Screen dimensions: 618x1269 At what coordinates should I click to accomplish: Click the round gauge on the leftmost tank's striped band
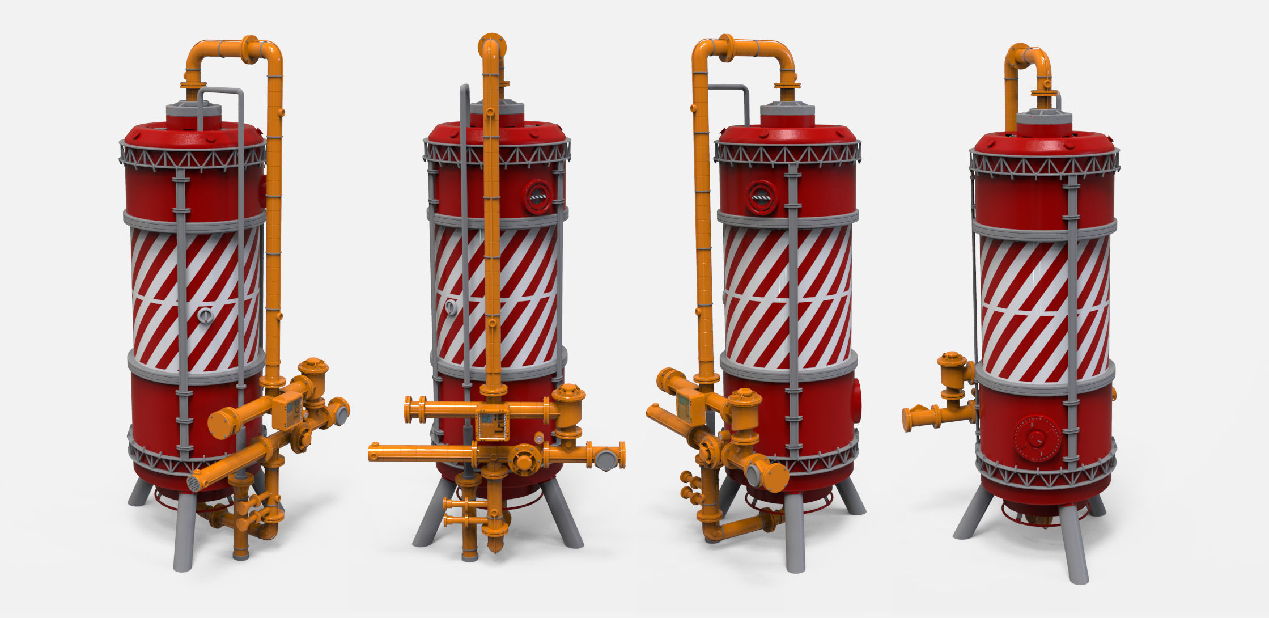point(206,315)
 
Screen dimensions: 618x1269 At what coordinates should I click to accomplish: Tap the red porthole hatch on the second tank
point(537,196)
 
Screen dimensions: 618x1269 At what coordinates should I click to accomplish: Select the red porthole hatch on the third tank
point(761,197)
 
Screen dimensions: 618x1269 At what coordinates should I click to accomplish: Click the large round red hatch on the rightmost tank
point(1037,438)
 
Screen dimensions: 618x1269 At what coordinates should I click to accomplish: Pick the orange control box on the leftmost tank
point(287,409)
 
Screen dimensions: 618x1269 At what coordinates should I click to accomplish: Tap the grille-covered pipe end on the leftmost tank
point(194,483)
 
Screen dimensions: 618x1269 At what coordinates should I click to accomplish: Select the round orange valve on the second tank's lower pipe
point(523,459)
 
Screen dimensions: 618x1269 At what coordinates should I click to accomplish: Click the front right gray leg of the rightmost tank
point(1073,544)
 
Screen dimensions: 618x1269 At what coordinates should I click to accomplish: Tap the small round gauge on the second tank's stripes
point(451,307)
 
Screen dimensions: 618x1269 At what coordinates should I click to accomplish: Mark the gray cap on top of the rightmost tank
point(1043,120)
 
